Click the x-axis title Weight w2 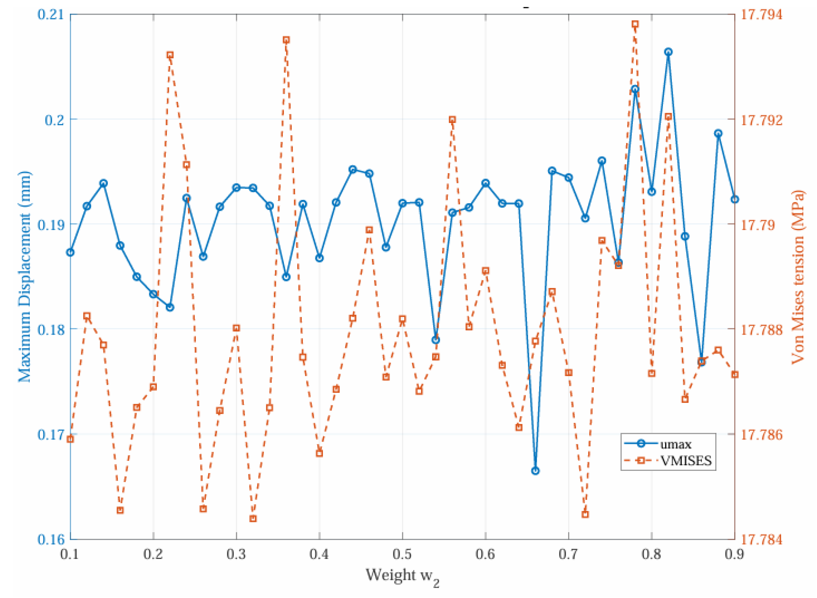pos(402,576)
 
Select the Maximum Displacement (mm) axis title pos(25,277)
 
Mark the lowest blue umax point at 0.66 pos(535,471)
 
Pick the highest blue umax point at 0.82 pos(668,52)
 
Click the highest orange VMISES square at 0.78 pos(635,24)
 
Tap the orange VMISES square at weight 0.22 pos(170,55)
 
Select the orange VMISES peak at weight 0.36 pos(286,40)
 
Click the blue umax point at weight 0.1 pos(70,252)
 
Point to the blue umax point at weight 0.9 pos(735,200)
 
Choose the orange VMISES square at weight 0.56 pos(452,120)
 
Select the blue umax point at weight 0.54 pos(436,340)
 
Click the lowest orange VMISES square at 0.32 pos(253,519)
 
